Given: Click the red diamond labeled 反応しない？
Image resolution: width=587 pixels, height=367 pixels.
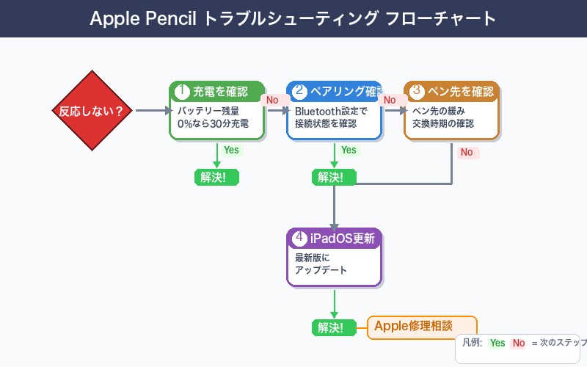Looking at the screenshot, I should click(92, 111).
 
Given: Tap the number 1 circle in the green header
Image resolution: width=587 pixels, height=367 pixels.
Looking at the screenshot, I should click(181, 92).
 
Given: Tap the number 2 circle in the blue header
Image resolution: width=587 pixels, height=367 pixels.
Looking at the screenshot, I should click(299, 92).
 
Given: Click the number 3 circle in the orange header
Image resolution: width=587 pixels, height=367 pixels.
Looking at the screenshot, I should click(416, 92).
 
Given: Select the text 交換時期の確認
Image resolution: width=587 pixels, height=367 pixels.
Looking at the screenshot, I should click(443, 124).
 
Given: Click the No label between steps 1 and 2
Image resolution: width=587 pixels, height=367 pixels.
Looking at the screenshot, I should click(272, 100).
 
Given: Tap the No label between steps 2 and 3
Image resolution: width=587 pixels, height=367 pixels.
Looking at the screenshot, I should click(390, 100).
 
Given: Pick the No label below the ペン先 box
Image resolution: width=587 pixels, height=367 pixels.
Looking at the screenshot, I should click(467, 153).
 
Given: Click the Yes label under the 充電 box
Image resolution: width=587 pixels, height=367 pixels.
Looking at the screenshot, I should click(231, 150).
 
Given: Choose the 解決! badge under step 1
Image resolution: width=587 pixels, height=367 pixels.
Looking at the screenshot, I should click(216, 177).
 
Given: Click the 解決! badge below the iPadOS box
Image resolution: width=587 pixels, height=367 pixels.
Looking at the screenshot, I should click(334, 327).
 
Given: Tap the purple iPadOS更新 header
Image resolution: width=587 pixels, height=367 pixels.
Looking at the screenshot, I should click(334, 239).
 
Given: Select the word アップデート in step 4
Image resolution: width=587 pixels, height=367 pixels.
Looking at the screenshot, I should click(321, 270).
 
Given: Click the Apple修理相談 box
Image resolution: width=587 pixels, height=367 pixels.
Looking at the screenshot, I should click(422, 327).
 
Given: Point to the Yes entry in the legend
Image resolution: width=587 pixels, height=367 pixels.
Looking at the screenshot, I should click(497, 343).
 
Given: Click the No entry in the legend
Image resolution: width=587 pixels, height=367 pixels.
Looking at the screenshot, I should click(519, 343).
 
